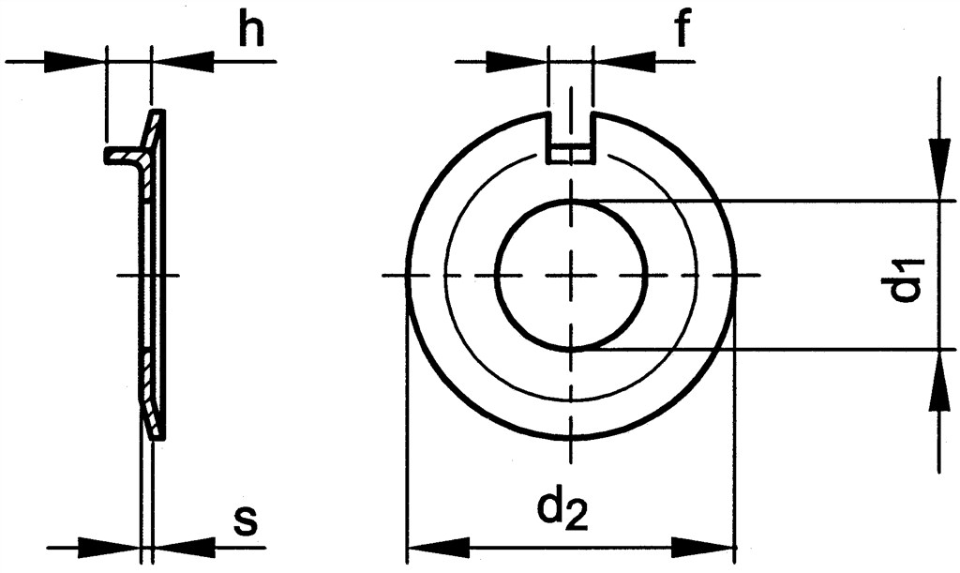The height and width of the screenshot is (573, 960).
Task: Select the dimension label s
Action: point(246,521)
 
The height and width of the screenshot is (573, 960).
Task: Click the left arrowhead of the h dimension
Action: point(73,61)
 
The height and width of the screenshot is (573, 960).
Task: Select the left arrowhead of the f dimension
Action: point(516,61)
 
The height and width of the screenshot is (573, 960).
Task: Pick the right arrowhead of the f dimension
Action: point(623,61)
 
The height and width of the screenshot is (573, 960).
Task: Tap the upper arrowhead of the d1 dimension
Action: point(937,170)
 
